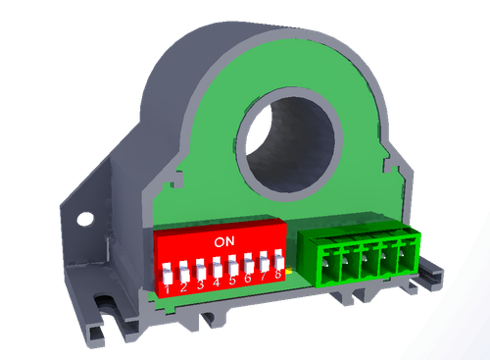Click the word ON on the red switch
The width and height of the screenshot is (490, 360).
point(224,241)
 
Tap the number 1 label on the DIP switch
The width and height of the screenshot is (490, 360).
point(168,289)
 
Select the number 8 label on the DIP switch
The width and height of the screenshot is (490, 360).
point(278,274)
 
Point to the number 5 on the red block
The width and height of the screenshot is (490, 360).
point(232,281)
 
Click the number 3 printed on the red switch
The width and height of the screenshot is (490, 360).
point(200,284)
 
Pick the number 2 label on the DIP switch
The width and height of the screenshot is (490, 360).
point(183,287)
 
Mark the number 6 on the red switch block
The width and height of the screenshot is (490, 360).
point(248,279)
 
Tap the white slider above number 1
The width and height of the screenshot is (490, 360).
point(168,274)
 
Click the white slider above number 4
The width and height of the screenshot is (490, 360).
point(217,267)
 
